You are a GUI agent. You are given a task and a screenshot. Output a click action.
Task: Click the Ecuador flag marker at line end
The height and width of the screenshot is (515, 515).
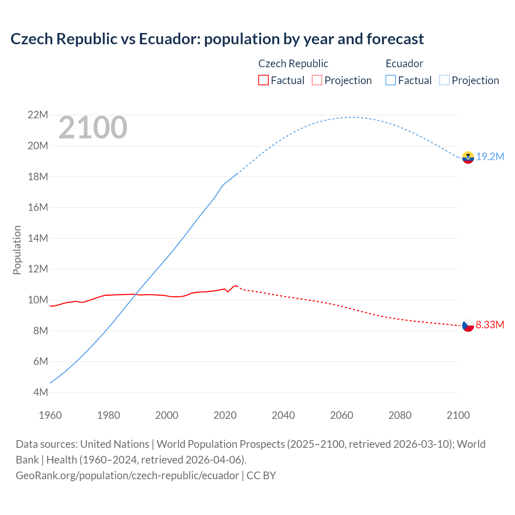[x=468, y=157]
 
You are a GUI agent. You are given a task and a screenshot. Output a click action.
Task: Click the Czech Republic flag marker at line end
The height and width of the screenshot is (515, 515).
[x=468, y=325]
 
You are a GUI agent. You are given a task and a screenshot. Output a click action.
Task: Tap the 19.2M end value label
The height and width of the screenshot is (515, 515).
[x=490, y=157]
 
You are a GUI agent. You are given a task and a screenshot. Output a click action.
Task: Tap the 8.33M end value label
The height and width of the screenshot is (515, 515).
[x=490, y=325]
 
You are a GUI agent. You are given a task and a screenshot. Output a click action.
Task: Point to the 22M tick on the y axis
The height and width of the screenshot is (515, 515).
[x=38, y=115]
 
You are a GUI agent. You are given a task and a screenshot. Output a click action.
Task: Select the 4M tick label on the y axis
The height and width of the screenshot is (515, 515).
[x=40, y=392]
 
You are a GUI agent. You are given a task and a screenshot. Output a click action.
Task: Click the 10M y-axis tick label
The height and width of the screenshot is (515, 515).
[x=38, y=300]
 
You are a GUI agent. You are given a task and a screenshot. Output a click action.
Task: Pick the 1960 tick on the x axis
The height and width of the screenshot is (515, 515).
[x=50, y=415]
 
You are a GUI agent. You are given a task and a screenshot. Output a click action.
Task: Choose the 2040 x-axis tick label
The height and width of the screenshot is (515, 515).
[x=283, y=415]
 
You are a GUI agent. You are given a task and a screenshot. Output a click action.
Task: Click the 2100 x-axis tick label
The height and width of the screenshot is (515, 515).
[x=458, y=415]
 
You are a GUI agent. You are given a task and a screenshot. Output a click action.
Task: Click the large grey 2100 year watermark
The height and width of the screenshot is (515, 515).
[x=93, y=128]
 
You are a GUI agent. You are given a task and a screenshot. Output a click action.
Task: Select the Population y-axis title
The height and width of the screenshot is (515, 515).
[x=17, y=250]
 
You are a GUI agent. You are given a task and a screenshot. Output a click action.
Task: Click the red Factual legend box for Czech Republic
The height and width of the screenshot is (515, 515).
[x=263, y=80]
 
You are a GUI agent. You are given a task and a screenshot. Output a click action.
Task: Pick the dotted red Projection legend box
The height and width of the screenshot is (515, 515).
[x=317, y=80]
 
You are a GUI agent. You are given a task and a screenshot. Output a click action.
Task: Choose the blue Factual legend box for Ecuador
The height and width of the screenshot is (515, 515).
[x=391, y=80]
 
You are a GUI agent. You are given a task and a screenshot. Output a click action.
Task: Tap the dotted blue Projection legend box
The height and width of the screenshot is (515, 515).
[x=445, y=80]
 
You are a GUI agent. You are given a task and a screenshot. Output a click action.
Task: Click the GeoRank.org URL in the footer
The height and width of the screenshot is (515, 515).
[x=127, y=475]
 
